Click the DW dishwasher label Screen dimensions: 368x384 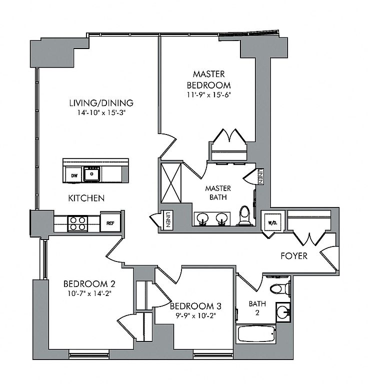pos(74,175)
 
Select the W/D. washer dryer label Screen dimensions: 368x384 pos(273,223)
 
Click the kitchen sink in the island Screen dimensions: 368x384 pos(92,174)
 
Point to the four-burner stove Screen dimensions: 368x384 pos(77,223)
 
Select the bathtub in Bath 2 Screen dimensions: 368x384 pos(256,334)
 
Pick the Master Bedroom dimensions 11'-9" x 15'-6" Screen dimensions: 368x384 pos(209,95)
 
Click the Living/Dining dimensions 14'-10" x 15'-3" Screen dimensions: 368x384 pos(101,113)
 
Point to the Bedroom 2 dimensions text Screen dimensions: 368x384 pos(89,293)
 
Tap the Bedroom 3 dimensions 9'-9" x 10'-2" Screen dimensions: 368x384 pos(195,315)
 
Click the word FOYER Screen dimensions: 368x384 pos(294,256)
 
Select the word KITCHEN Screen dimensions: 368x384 pos(86,198)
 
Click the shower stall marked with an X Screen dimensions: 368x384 pos(171,183)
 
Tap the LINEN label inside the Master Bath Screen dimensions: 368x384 pos(260,176)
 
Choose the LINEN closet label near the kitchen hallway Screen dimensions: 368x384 pos(168,219)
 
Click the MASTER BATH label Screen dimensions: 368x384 pos(218,192)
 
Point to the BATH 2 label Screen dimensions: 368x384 pos(257,308)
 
